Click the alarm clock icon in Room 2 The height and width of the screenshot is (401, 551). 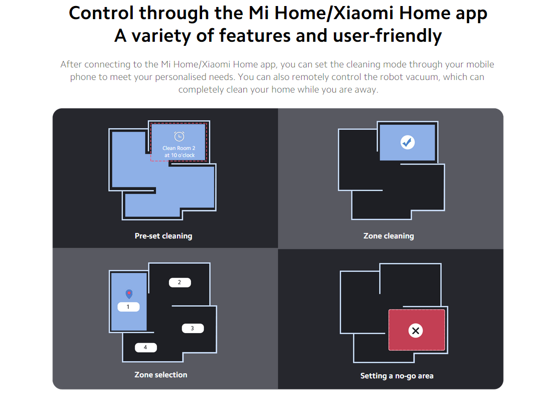(x=179, y=136)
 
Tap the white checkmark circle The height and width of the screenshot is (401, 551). (x=408, y=142)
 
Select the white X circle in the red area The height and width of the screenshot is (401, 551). (x=416, y=331)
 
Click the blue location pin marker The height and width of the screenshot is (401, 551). (x=129, y=294)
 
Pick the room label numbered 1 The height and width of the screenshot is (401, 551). (x=128, y=307)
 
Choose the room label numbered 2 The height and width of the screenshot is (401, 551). (x=180, y=282)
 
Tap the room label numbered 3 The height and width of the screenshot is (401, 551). (x=193, y=328)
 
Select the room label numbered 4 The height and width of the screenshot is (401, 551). (x=145, y=348)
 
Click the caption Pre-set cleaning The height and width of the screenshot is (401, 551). (x=163, y=236)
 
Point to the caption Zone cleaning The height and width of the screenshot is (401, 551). (x=389, y=236)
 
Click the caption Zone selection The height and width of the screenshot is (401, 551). (x=161, y=375)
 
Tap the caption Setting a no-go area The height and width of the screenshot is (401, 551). (x=397, y=376)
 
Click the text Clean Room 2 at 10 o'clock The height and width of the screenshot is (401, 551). (x=179, y=151)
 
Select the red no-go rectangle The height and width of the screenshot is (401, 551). (x=417, y=330)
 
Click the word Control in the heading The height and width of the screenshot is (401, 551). (x=102, y=14)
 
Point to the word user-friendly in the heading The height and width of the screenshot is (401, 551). (x=387, y=36)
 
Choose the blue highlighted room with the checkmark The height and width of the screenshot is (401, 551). (x=408, y=142)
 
